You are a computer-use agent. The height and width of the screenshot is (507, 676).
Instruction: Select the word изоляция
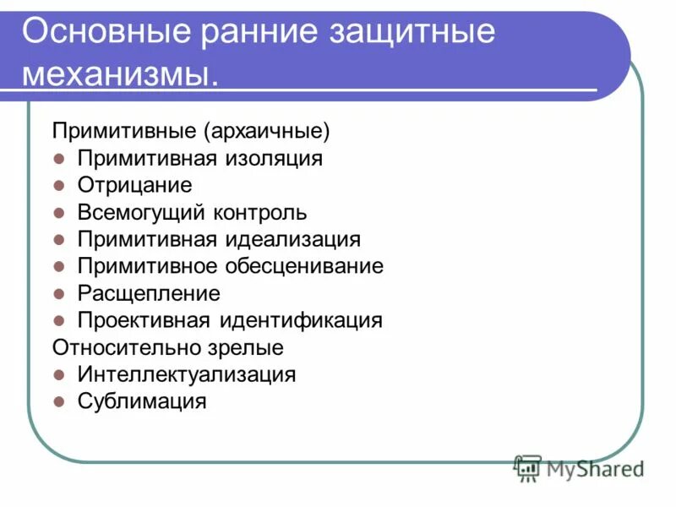tap(274, 158)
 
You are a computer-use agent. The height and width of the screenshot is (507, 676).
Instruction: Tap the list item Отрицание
tap(135, 185)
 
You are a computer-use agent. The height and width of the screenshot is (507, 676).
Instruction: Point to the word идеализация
tap(292, 239)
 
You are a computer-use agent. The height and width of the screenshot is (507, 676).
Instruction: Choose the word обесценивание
tap(303, 266)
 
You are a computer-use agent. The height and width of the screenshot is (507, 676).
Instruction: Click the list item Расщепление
tap(149, 293)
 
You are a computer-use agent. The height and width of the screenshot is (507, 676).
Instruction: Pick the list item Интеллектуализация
tap(187, 374)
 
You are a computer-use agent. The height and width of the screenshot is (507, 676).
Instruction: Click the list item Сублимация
tap(142, 401)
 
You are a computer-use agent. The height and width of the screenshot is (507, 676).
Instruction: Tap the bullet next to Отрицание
tap(59, 186)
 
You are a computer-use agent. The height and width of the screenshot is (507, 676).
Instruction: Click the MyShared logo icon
tap(528, 466)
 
